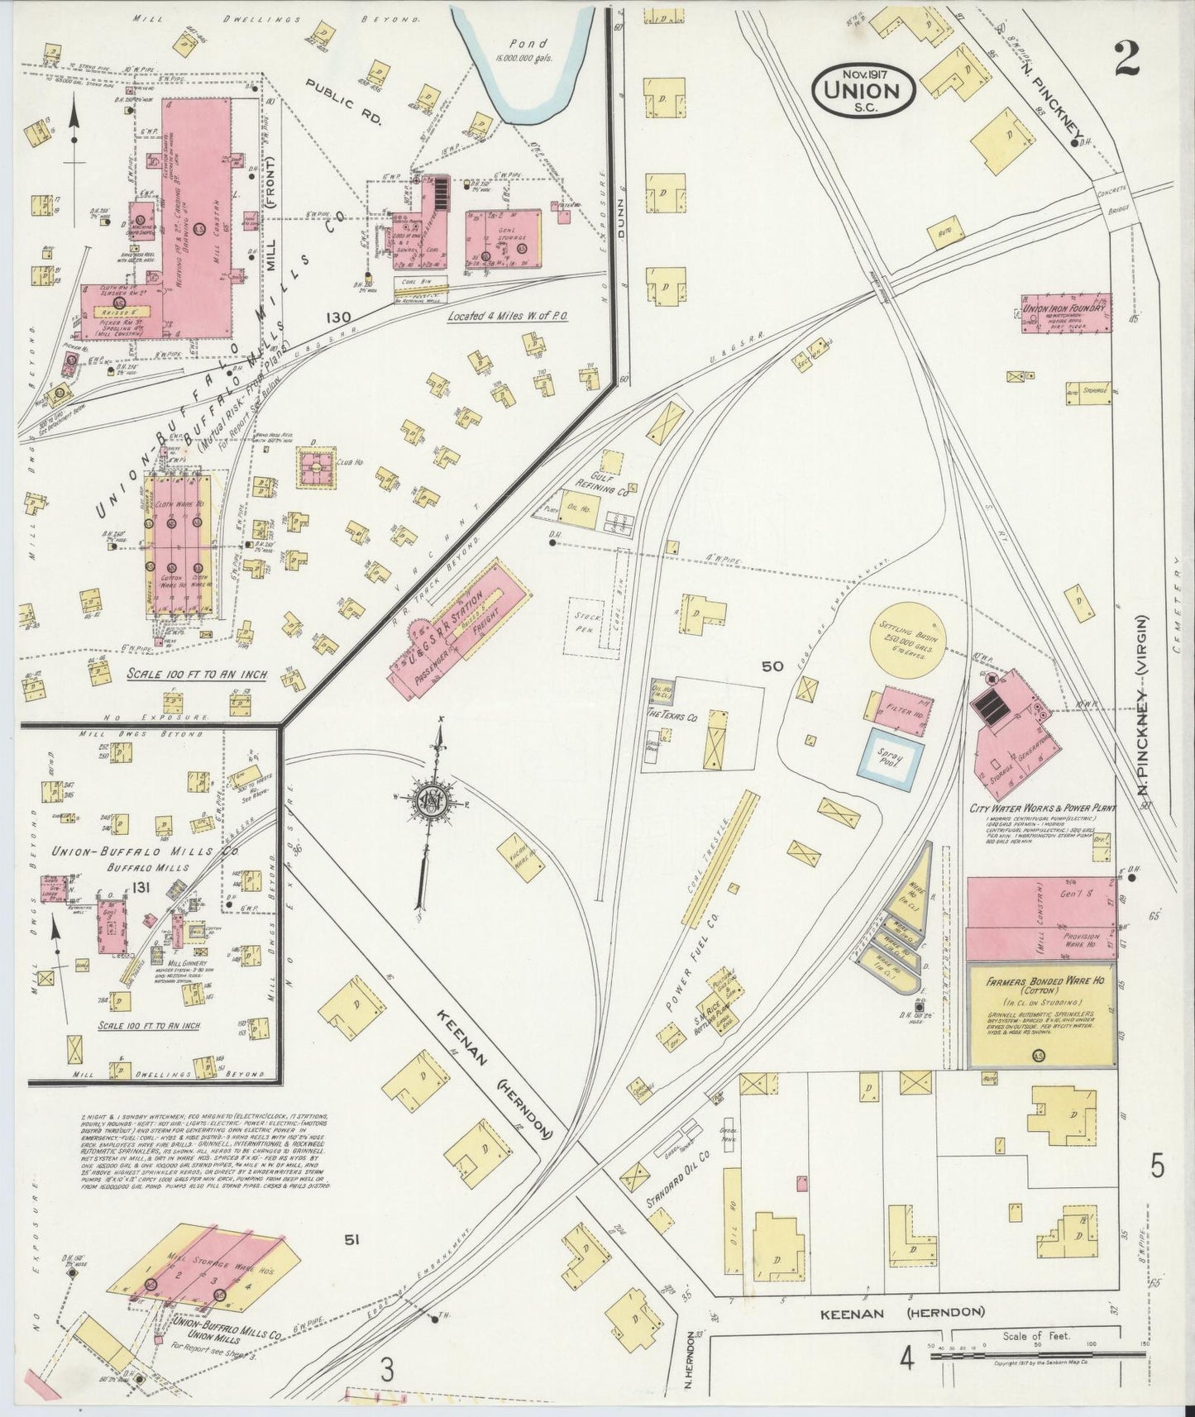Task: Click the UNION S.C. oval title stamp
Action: (863, 90)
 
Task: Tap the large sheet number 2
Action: (1127, 60)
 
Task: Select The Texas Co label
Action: (671, 717)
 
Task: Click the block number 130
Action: (337, 318)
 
